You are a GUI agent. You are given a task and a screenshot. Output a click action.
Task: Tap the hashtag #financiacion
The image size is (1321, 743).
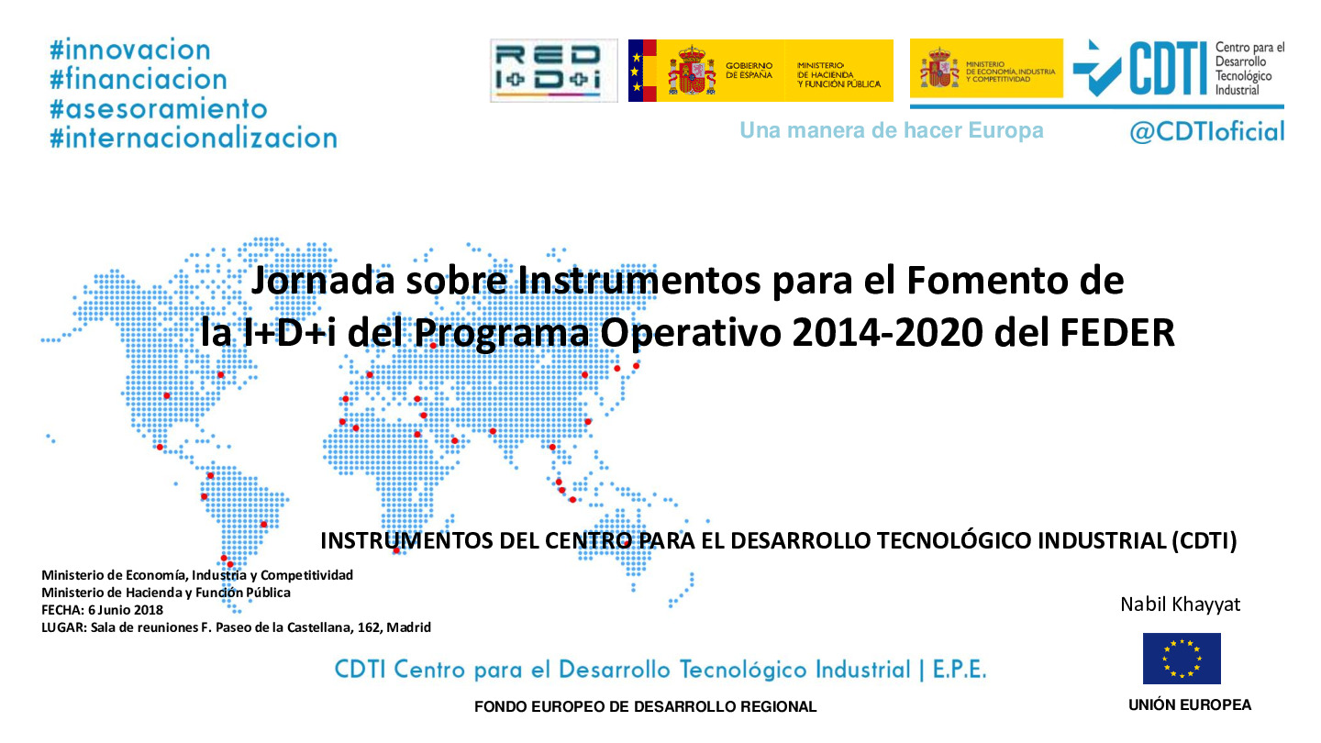[138, 79]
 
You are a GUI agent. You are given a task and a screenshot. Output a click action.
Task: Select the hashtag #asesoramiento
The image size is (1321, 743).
[158, 108]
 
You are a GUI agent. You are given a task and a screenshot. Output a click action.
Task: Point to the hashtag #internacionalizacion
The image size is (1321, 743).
[193, 139]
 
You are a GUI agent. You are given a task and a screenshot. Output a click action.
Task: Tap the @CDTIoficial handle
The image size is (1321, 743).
[1206, 132]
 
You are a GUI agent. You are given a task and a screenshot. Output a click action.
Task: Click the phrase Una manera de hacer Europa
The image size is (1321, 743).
[891, 130]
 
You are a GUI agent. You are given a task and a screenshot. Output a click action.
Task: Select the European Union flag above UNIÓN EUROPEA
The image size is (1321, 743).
[1182, 658]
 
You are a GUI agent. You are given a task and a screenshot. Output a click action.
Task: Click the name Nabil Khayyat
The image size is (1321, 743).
[1180, 604]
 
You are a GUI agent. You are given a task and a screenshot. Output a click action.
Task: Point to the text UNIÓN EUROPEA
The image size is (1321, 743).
[1189, 705]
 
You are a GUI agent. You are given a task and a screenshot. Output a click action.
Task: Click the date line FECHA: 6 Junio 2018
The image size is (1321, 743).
[102, 610]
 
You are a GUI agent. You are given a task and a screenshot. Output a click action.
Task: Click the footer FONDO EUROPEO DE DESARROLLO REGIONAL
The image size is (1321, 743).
[645, 707]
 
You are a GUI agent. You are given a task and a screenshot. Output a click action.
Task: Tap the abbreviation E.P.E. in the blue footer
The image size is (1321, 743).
[959, 670]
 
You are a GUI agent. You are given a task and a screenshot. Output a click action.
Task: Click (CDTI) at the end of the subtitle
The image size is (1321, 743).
[1204, 541]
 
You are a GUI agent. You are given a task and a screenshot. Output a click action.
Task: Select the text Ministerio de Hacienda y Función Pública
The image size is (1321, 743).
[166, 593]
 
